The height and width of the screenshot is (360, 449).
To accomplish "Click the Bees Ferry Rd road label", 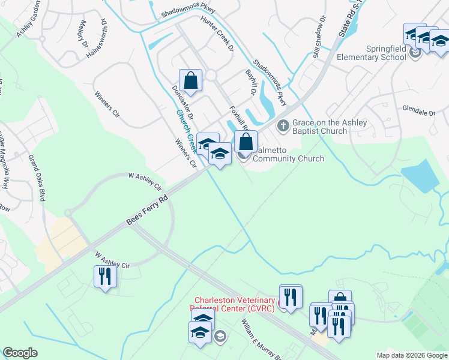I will point(146,209).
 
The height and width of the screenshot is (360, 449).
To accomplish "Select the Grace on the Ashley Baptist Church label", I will point(328,127).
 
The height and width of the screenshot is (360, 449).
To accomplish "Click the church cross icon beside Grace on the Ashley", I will point(283,126).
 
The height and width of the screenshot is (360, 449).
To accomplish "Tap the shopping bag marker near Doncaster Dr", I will point(190,81).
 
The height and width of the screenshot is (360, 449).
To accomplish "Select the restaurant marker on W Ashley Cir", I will point(105,277).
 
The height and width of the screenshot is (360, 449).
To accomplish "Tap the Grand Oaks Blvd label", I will point(37,177).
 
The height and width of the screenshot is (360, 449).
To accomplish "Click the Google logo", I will point(20,352).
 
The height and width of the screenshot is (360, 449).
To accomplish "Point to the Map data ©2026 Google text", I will point(411,355).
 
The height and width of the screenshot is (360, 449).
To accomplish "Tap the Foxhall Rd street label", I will point(239,118).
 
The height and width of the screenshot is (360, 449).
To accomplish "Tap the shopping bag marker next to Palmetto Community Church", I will point(246,142).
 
